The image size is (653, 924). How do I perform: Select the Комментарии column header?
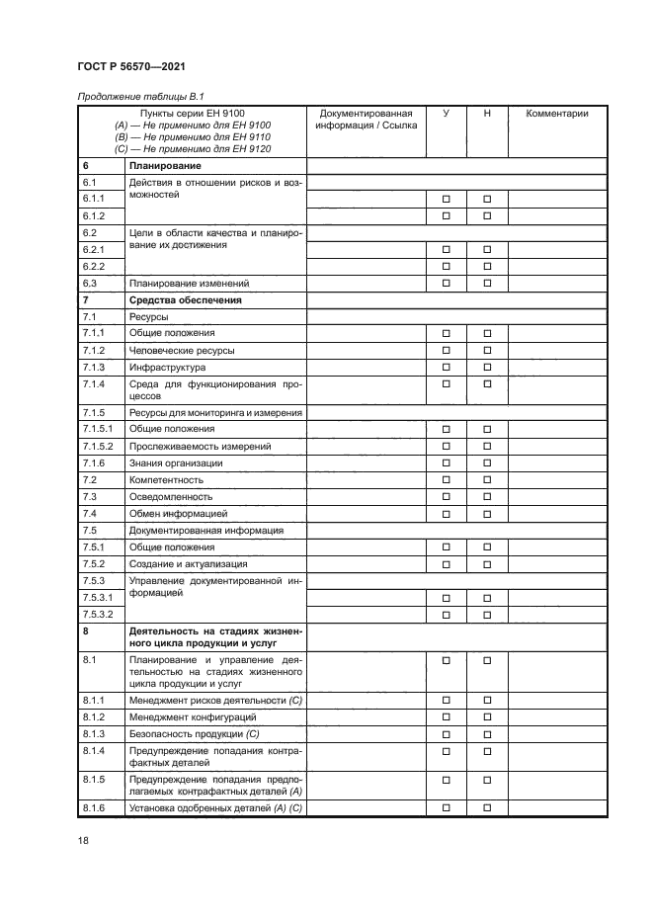tap(556, 114)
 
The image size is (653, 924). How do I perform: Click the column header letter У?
tap(446, 114)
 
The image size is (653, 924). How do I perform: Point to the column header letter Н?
tap(487, 114)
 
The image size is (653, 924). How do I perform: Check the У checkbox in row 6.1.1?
tap(446, 199)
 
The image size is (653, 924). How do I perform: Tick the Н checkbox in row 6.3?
tap(487, 283)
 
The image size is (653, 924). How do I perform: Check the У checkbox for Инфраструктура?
tap(446, 367)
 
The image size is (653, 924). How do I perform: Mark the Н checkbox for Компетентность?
tap(487, 479)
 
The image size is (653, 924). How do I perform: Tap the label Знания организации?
tap(176, 462)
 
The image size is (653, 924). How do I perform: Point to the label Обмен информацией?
tap(178, 514)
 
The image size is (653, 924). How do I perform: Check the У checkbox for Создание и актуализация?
tap(446, 563)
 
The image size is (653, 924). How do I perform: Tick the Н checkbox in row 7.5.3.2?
tap(487, 614)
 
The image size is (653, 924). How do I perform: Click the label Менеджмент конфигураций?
tap(194, 716)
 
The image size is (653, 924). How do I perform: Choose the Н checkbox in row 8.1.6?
tap(487, 808)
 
